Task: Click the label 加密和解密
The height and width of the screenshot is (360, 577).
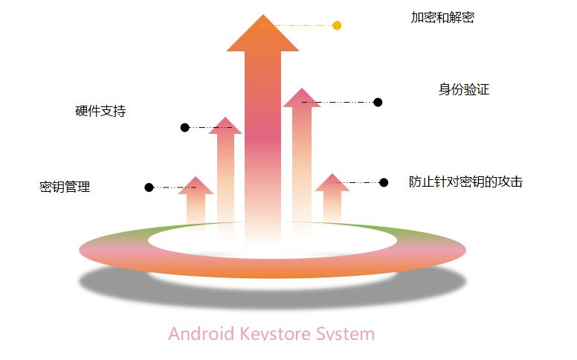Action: pos(442,17)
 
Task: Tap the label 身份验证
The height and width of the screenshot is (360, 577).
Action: pos(464,89)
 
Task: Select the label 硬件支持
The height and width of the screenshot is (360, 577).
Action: pos(100,112)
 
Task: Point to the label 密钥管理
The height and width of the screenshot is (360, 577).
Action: pos(65,187)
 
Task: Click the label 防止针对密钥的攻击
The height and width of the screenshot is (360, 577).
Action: pos(465,181)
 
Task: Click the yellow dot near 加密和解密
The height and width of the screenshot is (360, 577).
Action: pos(337,25)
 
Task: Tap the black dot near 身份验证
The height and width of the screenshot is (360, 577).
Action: pos(378,102)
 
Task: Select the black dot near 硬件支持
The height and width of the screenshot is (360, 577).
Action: pos(184,128)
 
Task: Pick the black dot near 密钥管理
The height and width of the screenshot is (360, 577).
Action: pos(149,187)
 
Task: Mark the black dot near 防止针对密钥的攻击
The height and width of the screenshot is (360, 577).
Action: pos(384,182)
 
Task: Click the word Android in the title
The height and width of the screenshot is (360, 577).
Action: pos(200,334)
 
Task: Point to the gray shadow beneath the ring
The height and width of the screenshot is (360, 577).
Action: pos(272,293)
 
